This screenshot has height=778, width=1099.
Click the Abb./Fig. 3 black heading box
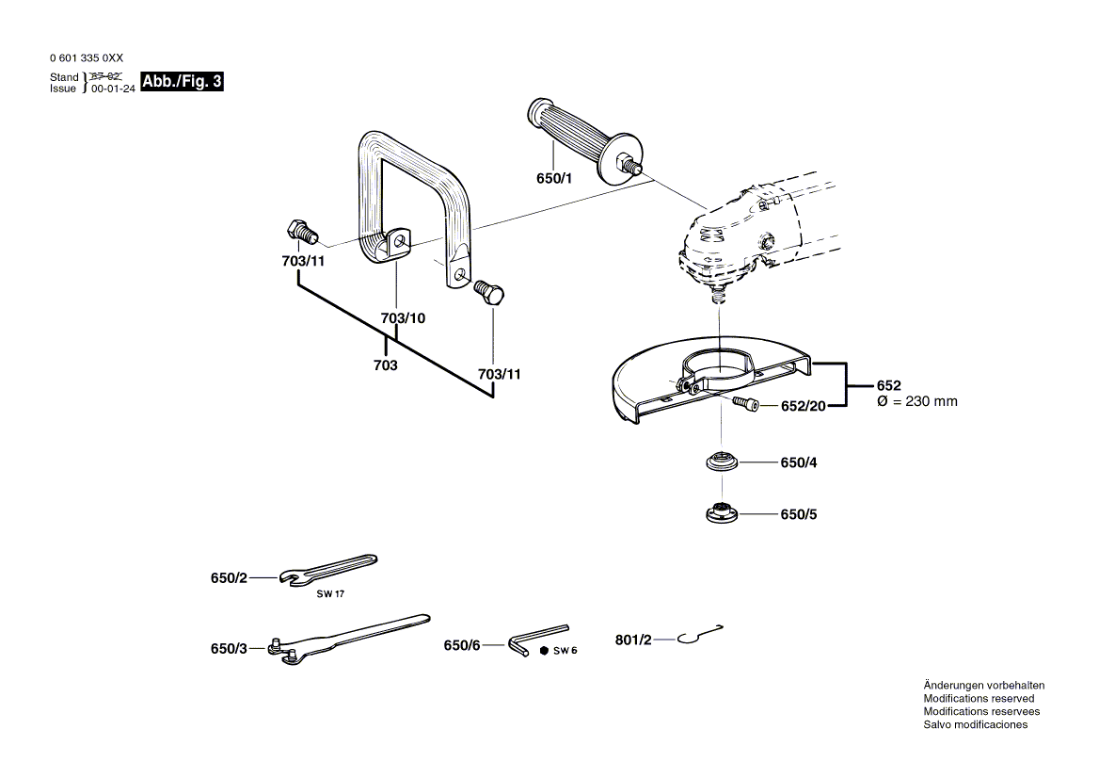(183, 81)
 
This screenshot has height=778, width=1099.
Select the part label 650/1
(554, 178)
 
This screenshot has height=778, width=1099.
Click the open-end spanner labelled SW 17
(328, 569)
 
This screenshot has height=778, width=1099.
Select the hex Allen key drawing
(537, 640)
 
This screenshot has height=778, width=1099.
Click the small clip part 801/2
(700, 634)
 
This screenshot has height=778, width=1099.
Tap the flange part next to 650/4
(722, 462)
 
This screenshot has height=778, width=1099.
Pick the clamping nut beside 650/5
(722, 514)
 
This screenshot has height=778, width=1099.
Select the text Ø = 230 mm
(916, 401)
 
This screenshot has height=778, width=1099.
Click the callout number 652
(889, 385)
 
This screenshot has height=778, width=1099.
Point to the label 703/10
(403, 317)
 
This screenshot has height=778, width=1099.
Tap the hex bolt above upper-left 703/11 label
(302, 232)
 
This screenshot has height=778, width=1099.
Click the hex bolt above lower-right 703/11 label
(488, 292)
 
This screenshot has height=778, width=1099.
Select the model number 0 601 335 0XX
(87, 58)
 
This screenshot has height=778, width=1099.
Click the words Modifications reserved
(979, 699)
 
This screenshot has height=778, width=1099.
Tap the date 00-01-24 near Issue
(113, 89)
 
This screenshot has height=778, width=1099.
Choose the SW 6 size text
(565, 650)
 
